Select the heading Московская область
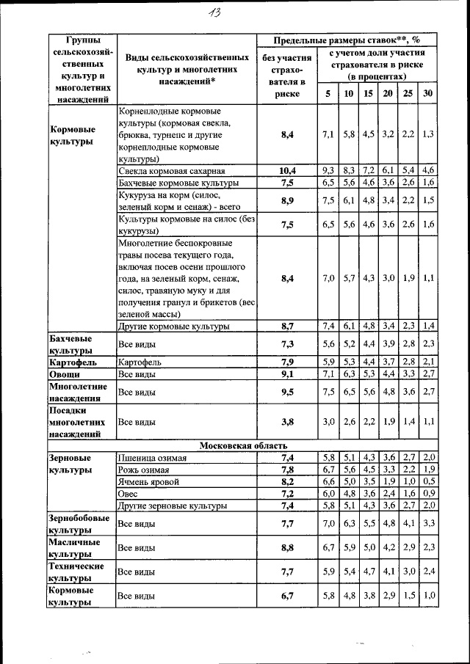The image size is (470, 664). click(244, 445)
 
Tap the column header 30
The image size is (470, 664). click(427, 94)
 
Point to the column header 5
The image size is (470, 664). click(328, 94)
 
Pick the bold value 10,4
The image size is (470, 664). click(286, 170)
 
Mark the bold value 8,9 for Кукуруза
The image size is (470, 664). click(286, 200)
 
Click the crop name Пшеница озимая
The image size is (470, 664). click(152, 458)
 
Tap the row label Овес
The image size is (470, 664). click(129, 494)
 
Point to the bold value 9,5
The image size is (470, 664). click(286, 392)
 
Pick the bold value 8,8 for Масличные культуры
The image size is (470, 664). click(286, 547)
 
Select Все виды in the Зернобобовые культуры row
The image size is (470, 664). click(137, 523)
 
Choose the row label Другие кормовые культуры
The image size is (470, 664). click(173, 326)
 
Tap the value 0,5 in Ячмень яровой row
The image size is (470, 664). click(427, 482)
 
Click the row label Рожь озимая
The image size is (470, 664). click(144, 470)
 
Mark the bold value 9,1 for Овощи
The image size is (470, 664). click(286, 374)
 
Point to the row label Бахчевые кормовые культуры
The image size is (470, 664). click(178, 182)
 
